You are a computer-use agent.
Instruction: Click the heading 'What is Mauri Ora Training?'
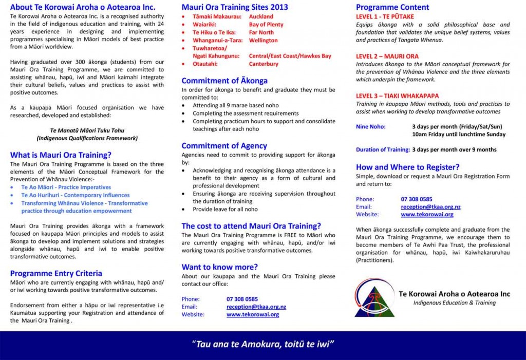(x=61, y=155)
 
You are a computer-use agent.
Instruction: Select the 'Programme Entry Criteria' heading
(x=56, y=273)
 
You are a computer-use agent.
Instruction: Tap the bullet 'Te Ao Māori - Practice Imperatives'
(x=66, y=187)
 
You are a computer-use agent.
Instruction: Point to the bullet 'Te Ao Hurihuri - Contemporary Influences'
(x=75, y=195)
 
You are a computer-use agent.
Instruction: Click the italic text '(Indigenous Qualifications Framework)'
(x=87, y=138)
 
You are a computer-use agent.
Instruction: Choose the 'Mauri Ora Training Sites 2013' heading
(x=235, y=7)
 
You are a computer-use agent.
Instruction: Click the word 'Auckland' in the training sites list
(x=261, y=16)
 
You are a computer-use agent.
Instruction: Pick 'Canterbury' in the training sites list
(x=264, y=64)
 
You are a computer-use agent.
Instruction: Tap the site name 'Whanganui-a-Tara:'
(x=214, y=40)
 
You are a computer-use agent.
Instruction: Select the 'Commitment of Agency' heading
(x=224, y=146)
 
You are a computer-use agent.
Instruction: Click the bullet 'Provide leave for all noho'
(x=225, y=210)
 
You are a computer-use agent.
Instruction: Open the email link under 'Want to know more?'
(x=256, y=307)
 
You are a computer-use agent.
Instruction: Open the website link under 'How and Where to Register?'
(x=427, y=214)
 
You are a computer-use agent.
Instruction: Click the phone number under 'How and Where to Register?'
(x=417, y=199)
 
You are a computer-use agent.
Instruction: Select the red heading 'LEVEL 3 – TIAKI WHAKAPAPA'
(x=390, y=96)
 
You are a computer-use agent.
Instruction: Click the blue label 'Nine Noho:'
(x=370, y=126)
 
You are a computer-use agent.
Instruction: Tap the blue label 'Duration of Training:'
(x=383, y=150)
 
